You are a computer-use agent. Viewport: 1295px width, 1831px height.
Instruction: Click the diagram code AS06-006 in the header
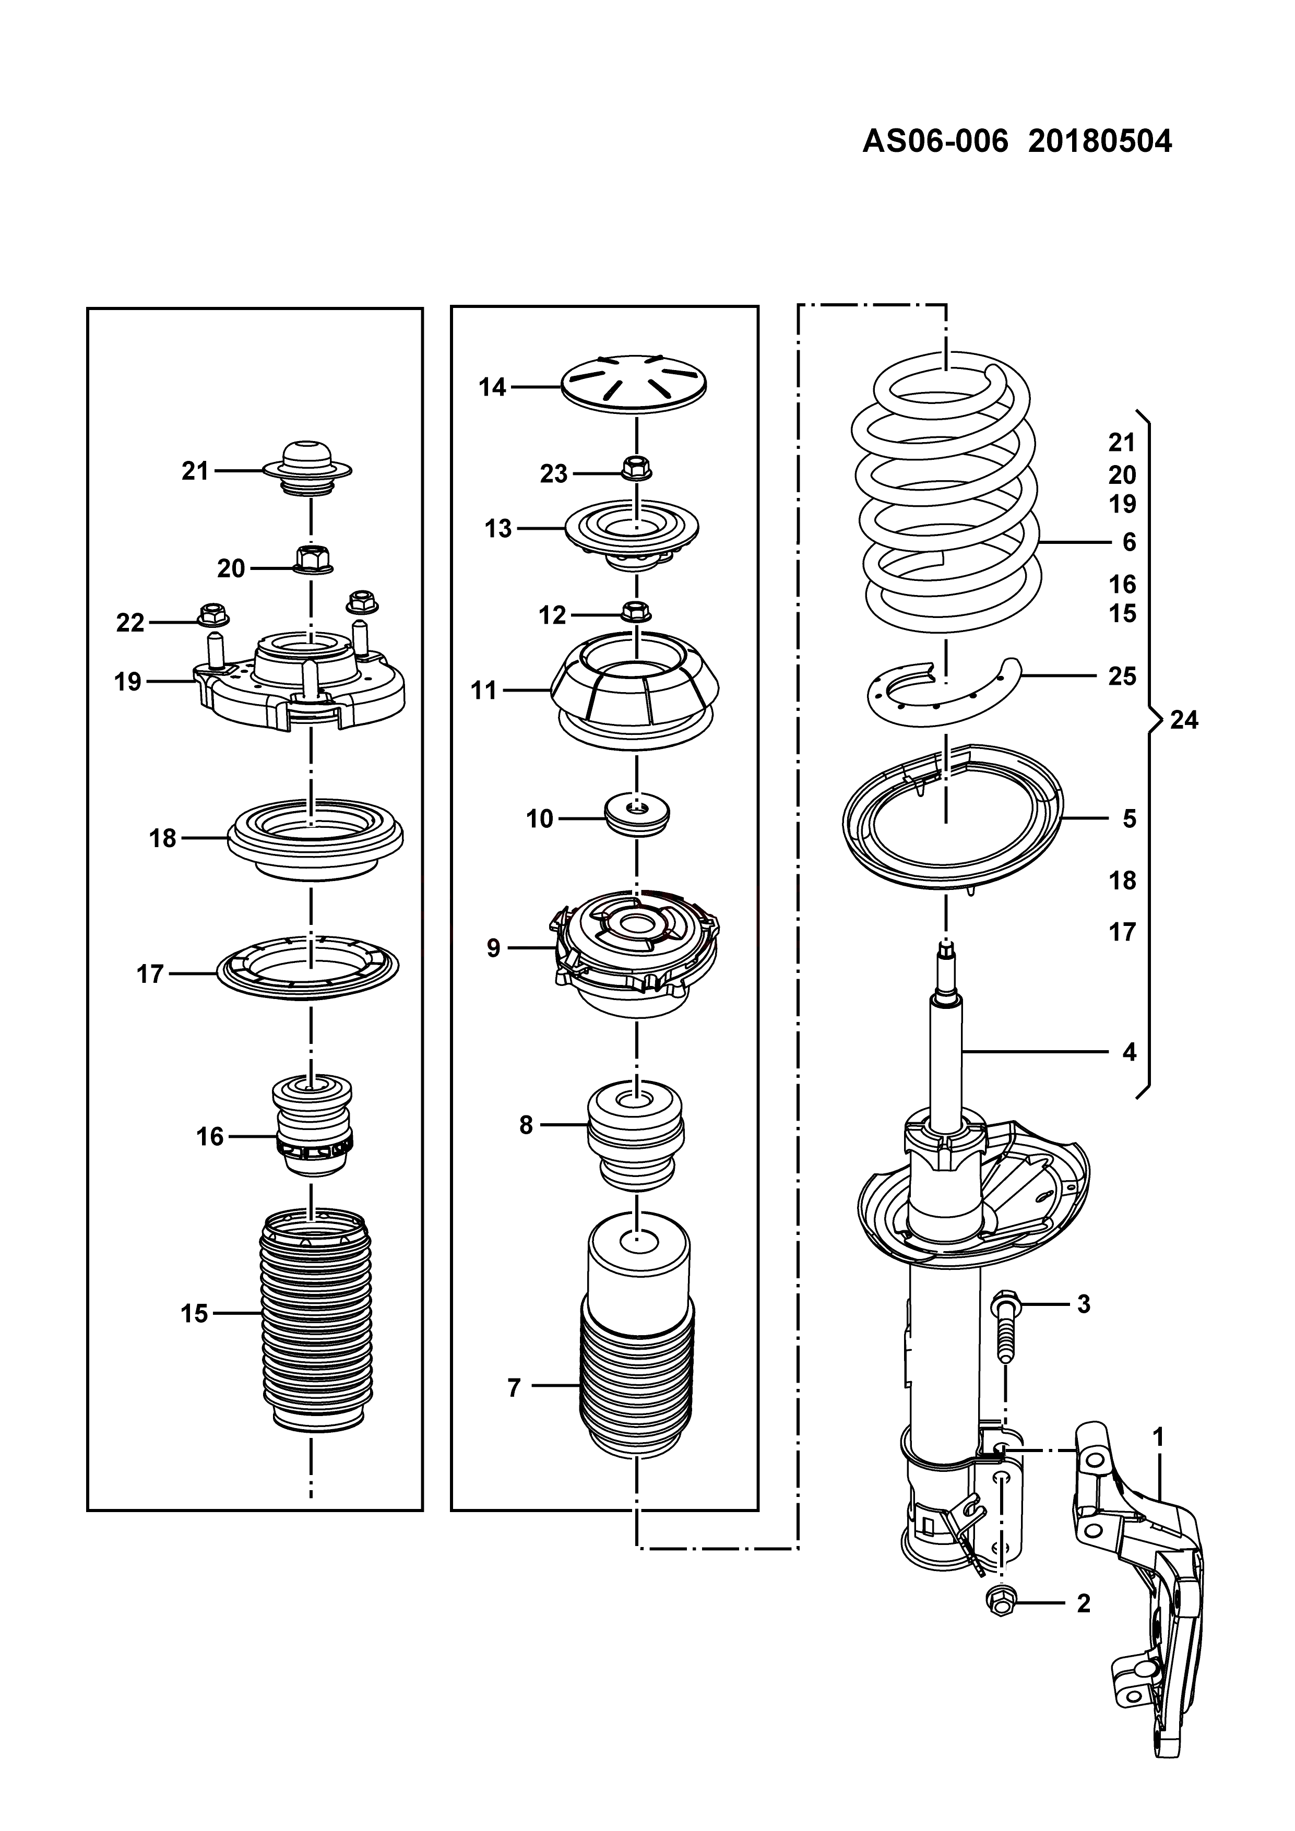pyautogui.click(x=934, y=142)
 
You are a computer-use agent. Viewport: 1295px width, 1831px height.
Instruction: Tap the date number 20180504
pyautogui.click(x=1100, y=142)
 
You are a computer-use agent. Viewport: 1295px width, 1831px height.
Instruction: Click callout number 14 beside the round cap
pyautogui.click(x=492, y=388)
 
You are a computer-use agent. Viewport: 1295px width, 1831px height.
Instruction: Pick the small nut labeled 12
pyautogui.click(x=635, y=612)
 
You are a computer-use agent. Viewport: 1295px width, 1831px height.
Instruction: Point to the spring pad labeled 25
pyautogui.click(x=941, y=687)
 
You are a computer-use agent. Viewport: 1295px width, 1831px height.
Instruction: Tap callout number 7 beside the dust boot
pyautogui.click(x=514, y=1388)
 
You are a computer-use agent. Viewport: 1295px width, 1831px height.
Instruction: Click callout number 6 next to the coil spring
pyautogui.click(x=1129, y=542)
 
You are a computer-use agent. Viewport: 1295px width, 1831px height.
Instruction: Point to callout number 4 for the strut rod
pyautogui.click(x=1129, y=1052)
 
